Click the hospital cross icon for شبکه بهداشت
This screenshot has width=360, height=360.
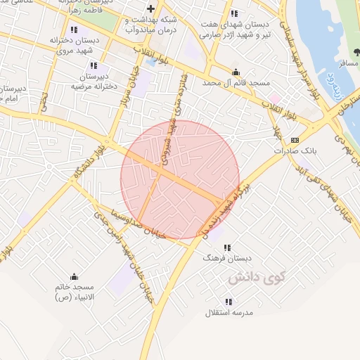150,8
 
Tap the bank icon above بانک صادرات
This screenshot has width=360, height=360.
295,139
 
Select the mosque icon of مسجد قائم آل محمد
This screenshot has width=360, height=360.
236,72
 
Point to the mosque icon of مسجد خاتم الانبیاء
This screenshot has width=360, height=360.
74,276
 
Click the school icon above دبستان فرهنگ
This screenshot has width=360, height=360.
226,247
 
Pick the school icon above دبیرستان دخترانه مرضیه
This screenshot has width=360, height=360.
94,65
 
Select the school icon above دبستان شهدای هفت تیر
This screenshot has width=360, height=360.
234,13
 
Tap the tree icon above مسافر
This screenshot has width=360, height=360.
355,53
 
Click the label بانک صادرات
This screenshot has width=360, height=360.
292,150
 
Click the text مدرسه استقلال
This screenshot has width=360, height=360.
224,312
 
